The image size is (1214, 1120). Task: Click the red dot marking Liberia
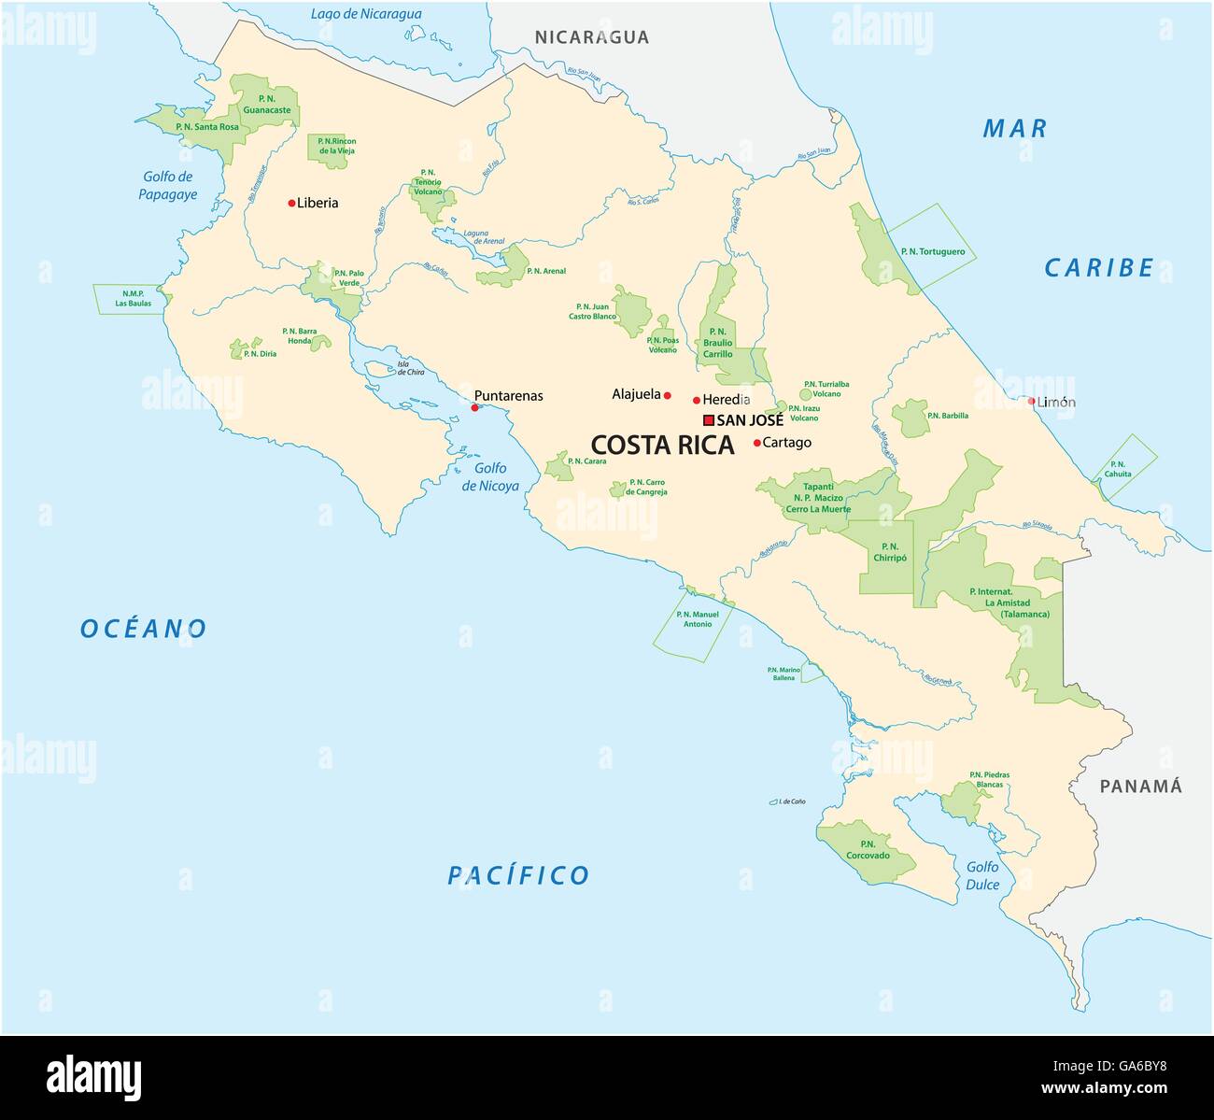[x=291, y=203]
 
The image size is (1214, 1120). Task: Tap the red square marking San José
[x=709, y=420]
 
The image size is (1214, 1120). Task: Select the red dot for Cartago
[x=756, y=443]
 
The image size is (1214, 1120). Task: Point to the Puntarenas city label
[x=508, y=395]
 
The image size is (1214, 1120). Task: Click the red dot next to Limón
[x=1032, y=402]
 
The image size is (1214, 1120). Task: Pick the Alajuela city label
[x=636, y=394]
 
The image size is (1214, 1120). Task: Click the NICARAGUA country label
[x=591, y=37]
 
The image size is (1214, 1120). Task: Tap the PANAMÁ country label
[x=1140, y=786]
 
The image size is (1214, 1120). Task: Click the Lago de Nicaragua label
[x=365, y=14]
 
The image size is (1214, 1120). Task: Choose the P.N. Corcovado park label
[x=868, y=849]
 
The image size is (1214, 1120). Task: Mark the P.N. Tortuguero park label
[x=932, y=251]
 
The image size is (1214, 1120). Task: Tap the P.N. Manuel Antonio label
[x=697, y=618]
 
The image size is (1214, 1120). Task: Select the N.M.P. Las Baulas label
[x=133, y=298]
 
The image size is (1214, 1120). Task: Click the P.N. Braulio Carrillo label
[x=717, y=342]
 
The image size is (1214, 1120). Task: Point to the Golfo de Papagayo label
[x=167, y=185]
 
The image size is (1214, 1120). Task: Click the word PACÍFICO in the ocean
[x=518, y=875]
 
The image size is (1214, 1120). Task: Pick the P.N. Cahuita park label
[x=1118, y=469]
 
